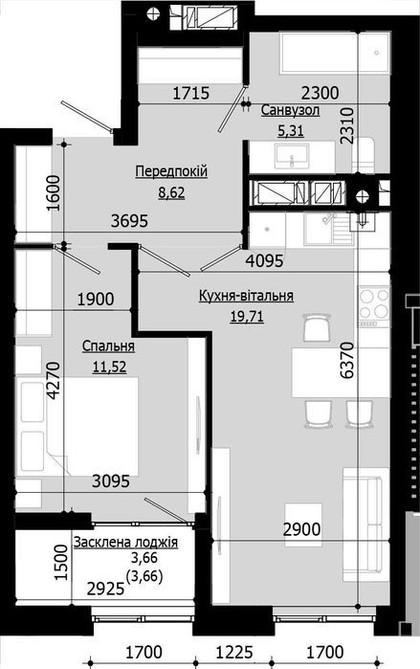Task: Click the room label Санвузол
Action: pos(290,111)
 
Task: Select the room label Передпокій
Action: pos(171,171)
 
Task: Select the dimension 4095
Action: pos(264,258)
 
